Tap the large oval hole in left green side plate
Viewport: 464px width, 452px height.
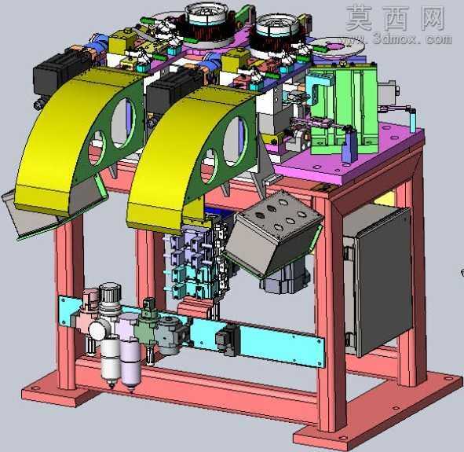(123, 123)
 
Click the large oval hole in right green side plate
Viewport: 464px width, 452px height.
(236, 141)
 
